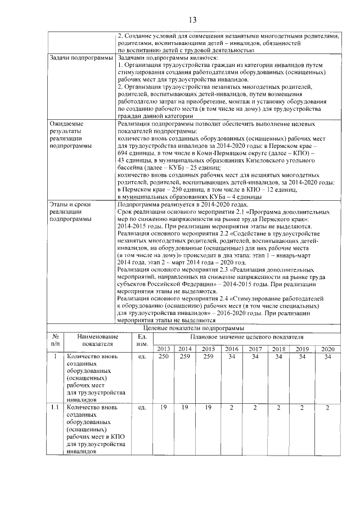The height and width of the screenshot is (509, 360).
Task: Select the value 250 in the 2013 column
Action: [164, 357]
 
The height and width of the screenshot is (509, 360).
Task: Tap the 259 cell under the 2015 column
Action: [208, 357]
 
